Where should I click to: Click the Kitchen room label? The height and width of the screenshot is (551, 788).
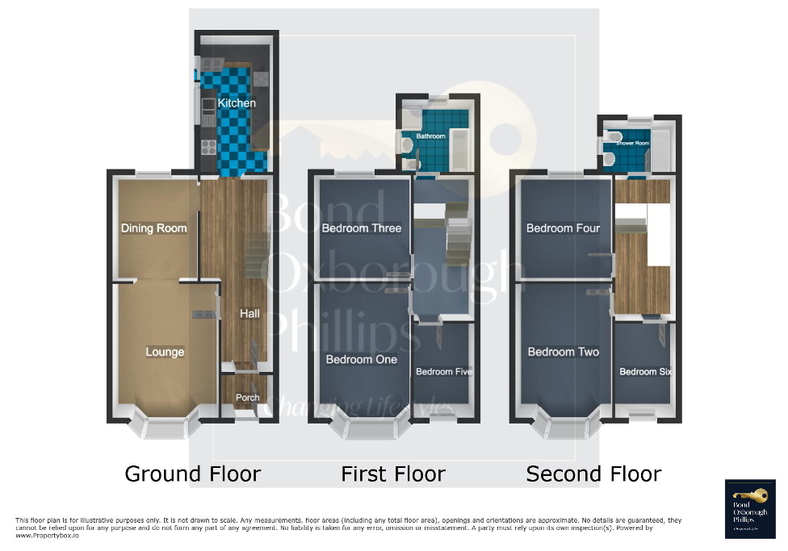coord(237,103)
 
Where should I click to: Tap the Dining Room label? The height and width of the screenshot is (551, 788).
coord(153,228)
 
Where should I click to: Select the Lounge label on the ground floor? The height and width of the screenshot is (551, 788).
coord(165,352)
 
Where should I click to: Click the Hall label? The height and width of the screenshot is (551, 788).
coord(249,313)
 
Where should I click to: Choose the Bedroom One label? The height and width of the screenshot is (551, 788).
coord(361,359)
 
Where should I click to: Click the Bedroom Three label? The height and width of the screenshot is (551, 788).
coord(361,228)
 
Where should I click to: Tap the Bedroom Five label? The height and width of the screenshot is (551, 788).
coord(443,372)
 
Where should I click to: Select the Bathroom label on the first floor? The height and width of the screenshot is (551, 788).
coord(430,136)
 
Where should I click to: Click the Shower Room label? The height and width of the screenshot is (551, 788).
coord(632,144)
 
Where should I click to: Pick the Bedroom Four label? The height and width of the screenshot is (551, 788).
coord(563,228)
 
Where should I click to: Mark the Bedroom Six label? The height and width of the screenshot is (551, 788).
coord(645,372)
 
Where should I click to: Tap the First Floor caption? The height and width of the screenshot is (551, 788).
coord(392,474)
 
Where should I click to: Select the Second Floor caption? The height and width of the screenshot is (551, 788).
coord(593,474)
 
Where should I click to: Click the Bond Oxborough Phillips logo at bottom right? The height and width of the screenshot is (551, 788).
coord(749,509)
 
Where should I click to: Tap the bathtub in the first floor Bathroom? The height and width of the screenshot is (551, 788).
coord(459,145)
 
